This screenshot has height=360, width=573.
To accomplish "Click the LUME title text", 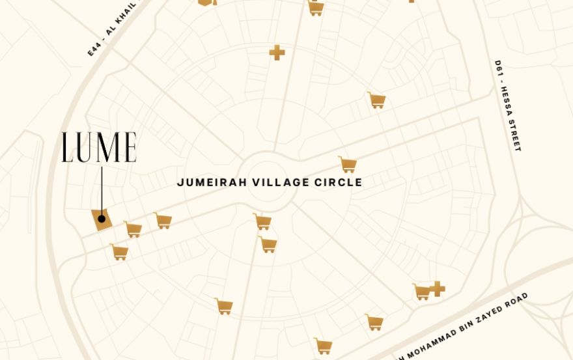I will pos(99,147).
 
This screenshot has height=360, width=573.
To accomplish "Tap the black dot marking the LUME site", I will pos(102,219).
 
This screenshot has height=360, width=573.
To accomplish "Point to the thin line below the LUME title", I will pos(102,189).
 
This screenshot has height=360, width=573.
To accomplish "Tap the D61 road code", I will pos(499,70).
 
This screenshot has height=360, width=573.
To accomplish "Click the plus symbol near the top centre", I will pos(277,53).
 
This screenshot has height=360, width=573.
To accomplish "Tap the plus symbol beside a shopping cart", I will pos(438,288).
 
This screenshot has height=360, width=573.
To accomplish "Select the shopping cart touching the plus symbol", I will pos(422,292).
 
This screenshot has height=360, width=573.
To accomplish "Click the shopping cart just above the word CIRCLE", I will pos(348,164).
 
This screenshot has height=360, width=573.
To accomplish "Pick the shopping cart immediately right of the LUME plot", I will pos(133,229).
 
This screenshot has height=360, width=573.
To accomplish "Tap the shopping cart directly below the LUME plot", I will pos(119,252).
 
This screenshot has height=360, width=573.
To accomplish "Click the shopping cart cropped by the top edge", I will pos(316,8).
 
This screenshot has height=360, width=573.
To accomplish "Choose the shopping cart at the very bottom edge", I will pos(323,346).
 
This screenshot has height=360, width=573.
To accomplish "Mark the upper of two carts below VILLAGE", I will pos(262,221).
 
